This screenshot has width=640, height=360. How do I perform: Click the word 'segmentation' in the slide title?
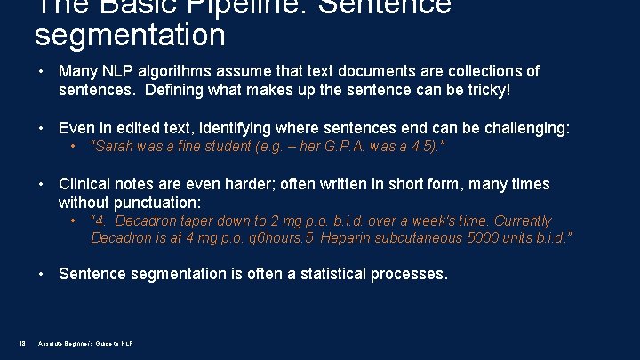click(x=130, y=36)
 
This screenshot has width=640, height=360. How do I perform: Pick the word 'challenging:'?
click(x=522, y=129)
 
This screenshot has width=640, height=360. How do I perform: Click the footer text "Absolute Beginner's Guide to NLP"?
click(x=85, y=344)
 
